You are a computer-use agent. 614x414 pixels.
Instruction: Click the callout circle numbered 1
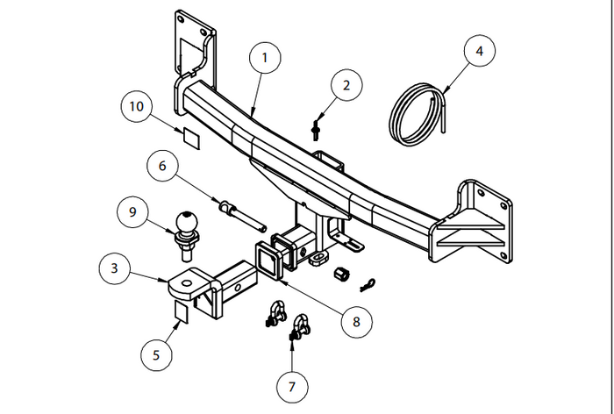pyautogui.click(x=265, y=60)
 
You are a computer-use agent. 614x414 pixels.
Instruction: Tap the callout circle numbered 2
pyautogui.click(x=346, y=86)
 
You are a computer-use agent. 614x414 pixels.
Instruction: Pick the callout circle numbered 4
pyautogui.click(x=478, y=52)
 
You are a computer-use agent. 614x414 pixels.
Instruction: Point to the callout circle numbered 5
pyautogui.click(x=156, y=355)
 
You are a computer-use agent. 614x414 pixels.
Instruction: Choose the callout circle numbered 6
pyautogui.click(x=162, y=164)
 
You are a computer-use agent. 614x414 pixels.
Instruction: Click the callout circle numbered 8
pyautogui.click(x=356, y=321)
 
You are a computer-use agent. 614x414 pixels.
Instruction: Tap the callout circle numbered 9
pyautogui.click(x=133, y=212)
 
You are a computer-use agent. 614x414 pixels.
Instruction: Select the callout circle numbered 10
pyautogui.click(x=137, y=108)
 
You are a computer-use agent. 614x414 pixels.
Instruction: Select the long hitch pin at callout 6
pyautogui.click(x=238, y=213)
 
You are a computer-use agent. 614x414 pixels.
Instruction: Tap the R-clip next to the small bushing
pyautogui.click(x=370, y=283)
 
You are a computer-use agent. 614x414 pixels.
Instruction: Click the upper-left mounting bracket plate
pyautogui.click(x=194, y=47)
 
